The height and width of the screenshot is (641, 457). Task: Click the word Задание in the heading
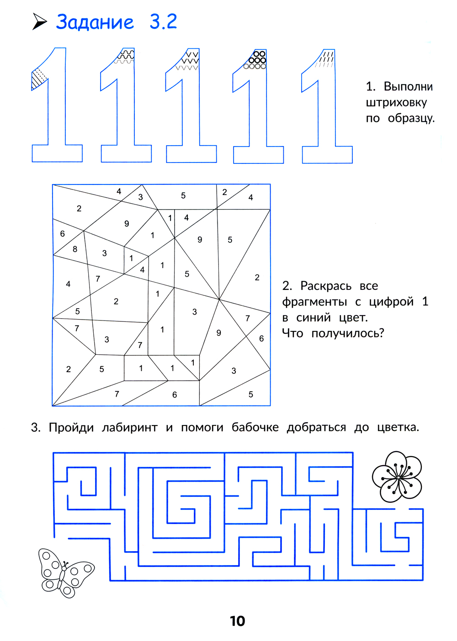95,22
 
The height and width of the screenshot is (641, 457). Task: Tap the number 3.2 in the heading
163,22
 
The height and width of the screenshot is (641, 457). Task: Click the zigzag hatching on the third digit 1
189,60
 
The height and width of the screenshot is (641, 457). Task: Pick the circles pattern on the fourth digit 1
256,60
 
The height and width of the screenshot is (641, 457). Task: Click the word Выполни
408,86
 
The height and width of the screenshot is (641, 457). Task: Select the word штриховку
396,102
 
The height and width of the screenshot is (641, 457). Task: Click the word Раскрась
326,286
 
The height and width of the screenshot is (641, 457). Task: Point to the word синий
313,317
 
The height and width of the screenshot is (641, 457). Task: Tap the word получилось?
348,333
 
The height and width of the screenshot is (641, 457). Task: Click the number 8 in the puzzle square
75,249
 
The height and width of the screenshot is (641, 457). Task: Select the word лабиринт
129,427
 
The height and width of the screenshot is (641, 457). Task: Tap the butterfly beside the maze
65,573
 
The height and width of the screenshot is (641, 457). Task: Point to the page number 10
237,621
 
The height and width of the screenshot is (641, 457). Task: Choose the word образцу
411,118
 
